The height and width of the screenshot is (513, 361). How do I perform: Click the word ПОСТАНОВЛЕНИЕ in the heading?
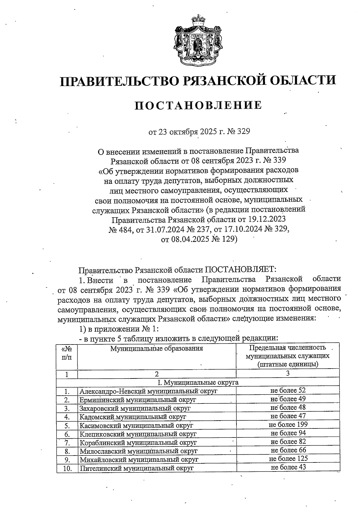tap(198, 105)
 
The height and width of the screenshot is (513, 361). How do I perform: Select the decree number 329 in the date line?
tap(243, 132)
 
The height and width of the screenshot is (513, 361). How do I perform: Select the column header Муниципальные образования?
tap(156, 349)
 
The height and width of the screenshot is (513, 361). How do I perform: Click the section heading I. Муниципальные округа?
tap(198, 382)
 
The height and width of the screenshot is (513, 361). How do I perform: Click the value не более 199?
tap(288, 425)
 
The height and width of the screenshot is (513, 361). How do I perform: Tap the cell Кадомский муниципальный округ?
tap(133, 417)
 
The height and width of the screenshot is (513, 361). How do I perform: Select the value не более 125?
tap(288, 459)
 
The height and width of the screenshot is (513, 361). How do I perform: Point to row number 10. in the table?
tap(67, 468)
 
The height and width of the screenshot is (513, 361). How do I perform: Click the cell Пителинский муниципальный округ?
tap(136, 468)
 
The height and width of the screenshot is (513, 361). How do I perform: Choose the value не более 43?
tap(288, 467)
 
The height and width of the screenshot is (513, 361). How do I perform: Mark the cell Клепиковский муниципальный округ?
tap(138, 434)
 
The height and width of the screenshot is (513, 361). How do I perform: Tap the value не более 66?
tap(288, 450)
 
